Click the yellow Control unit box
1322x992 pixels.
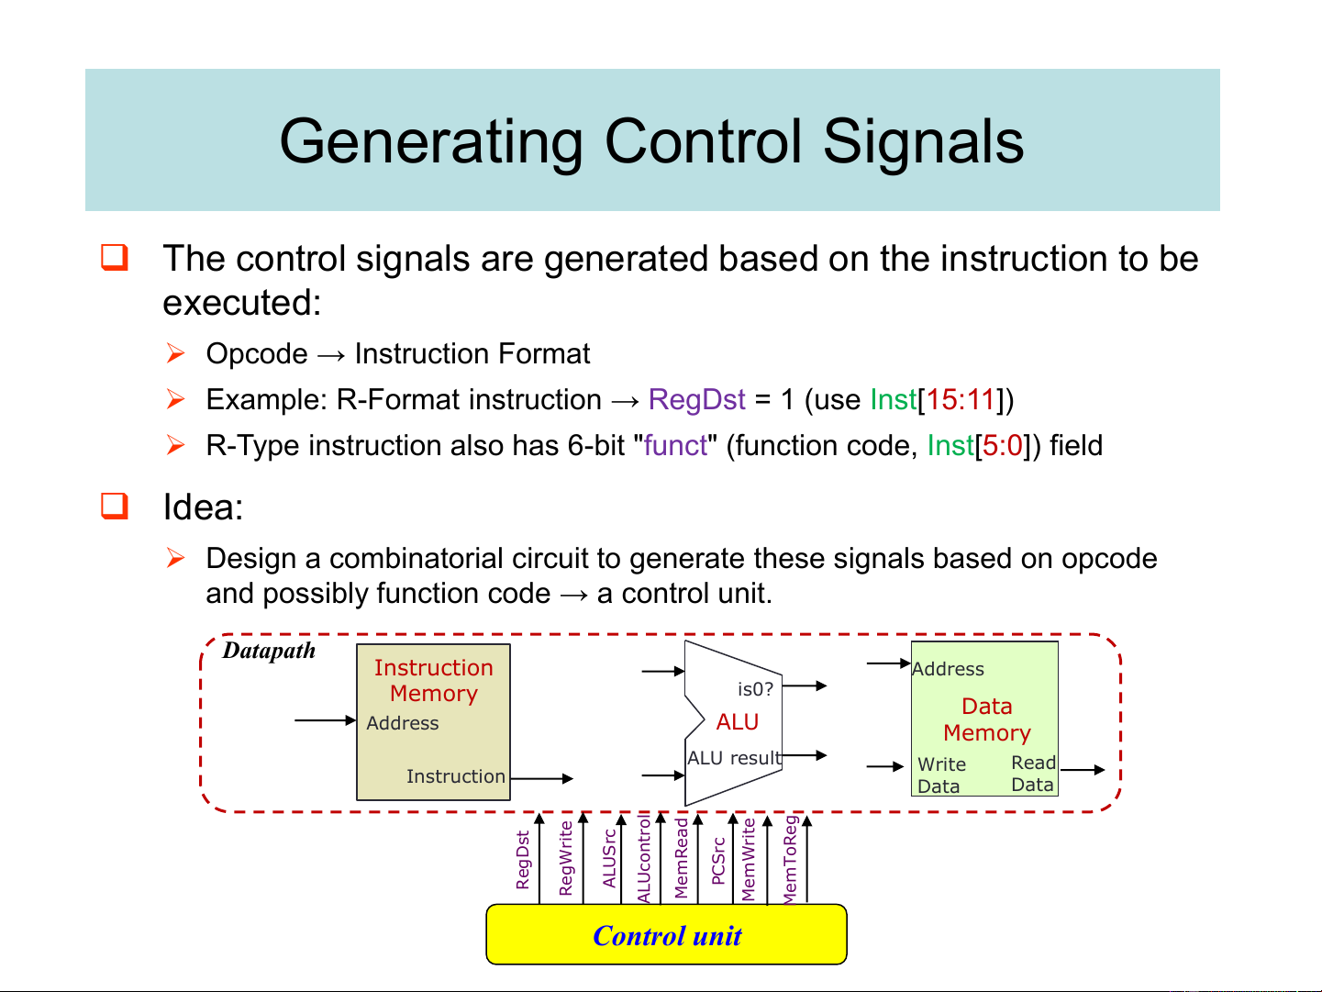pyautogui.click(x=666, y=934)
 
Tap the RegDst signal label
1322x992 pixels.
pyautogui.click(x=523, y=860)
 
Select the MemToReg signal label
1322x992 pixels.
pyautogui.click(x=790, y=860)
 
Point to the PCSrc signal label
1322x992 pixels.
pyautogui.click(x=718, y=861)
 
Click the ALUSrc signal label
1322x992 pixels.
pyautogui.click(x=609, y=859)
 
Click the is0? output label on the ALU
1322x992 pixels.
pyautogui.click(x=755, y=688)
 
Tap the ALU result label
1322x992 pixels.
pyautogui.click(x=734, y=758)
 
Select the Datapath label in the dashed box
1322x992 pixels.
pyautogui.click(x=269, y=651)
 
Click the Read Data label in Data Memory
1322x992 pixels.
pyautogui.click(x=1033, y=774)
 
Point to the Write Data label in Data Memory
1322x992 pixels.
pyautogui.click(x=941, y=775)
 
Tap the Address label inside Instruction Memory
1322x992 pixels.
pyautogui.click(x=402, y=723)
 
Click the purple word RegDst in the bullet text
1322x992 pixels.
pyautogui.click(x=696, y=400)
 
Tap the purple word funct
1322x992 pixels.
pyautogui.click(x=675, y=446)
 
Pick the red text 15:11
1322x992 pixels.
pyautogui.click(x=960, y=400)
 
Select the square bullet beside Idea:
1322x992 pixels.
pyautogui.click(x=115, y=506)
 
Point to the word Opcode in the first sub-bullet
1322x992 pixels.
pyautogui.click(x=257, y=354)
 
